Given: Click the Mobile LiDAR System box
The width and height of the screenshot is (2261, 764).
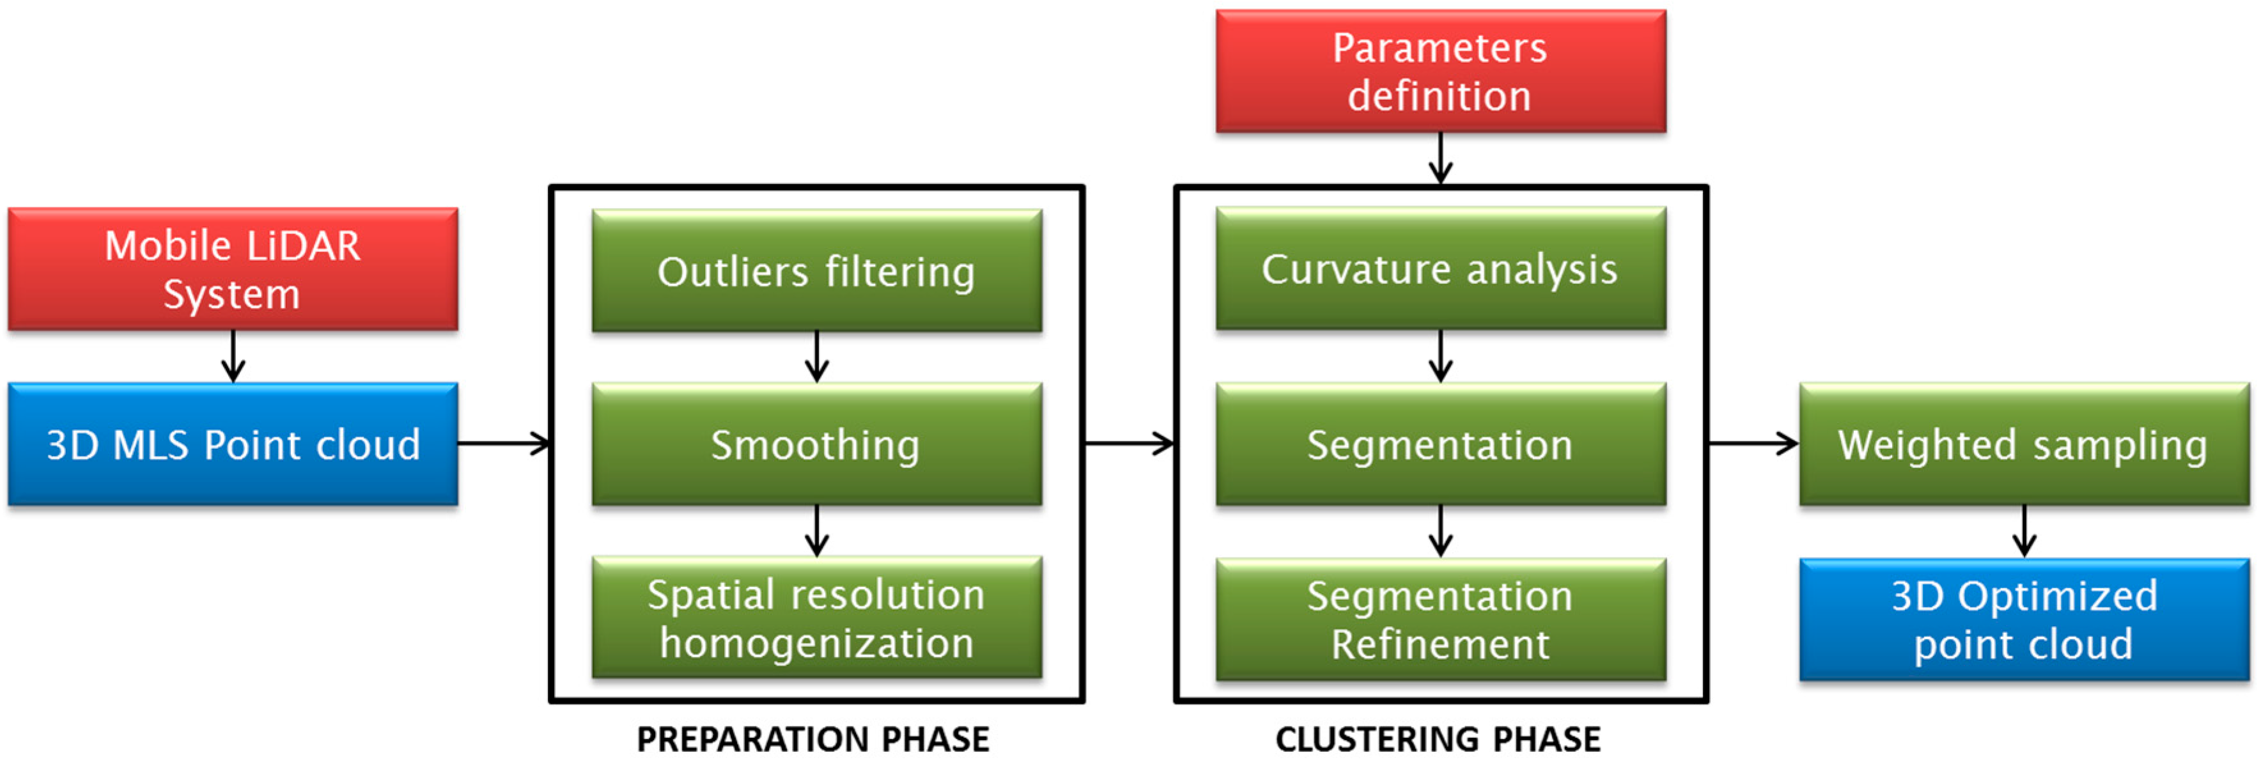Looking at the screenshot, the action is pyautogui.click(x=233, y=269).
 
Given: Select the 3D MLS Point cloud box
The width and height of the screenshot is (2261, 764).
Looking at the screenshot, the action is pyautogui.click(x=233, y=444).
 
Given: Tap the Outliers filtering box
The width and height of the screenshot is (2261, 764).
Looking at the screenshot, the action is pyautogui.click(x=816, y=270).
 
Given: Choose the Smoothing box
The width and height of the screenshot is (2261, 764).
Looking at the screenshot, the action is pyautogui.click(x=816, y=444).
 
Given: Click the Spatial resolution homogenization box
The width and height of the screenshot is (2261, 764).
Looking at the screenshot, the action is pyautogui.click(x=816, y=618).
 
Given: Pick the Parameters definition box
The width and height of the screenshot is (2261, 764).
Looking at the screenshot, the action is pyautogui.click(x=1440, y=71).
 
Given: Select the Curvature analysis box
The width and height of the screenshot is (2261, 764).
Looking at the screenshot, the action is pyautogui.click(x=1440, y=268).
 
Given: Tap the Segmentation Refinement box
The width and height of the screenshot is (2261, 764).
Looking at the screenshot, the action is pyautogui.click(x=1440, y=619).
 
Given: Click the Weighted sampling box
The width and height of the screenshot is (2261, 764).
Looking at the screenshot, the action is pyautogui.click(x=2024, y=444).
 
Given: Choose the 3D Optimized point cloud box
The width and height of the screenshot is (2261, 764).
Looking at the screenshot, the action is pyautogui.click(x=2024, y=619).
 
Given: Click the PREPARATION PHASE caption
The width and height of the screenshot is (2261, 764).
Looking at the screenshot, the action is pyautogui.click(x=812, y=740).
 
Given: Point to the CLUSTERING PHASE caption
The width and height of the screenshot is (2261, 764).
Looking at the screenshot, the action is pyautogui.click(x=1438, y=740).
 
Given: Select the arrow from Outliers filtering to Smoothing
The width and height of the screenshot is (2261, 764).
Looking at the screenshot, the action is pyautogui.click(x=816, y=357).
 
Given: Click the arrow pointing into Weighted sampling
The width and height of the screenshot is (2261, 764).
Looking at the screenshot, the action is pyautogui.click(x=1753, y=444).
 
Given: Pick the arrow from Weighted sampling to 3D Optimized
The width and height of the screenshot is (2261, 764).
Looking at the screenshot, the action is pyautogui.click(x=2024, y=531).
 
